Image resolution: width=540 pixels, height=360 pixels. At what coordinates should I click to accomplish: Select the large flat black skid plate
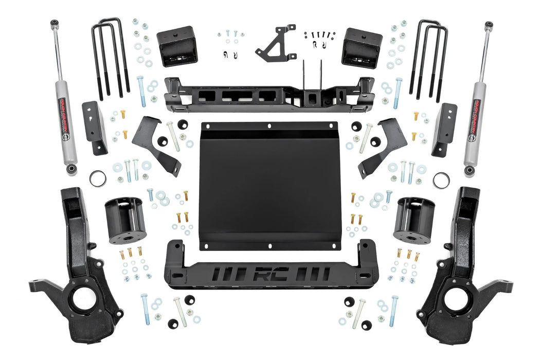pos(268,185)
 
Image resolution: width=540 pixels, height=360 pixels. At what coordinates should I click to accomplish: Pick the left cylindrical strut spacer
pos(125,221)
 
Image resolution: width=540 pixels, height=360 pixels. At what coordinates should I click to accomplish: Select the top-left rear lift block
pos(177,46)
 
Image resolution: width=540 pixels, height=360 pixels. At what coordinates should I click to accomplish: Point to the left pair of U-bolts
pos(110,57)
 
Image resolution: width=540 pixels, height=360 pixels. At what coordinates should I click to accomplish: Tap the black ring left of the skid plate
pos(98,179)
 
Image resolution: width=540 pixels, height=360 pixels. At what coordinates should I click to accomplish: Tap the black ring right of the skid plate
pos(441,180)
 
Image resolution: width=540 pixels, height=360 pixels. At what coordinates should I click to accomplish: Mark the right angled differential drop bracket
pos(383,144)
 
